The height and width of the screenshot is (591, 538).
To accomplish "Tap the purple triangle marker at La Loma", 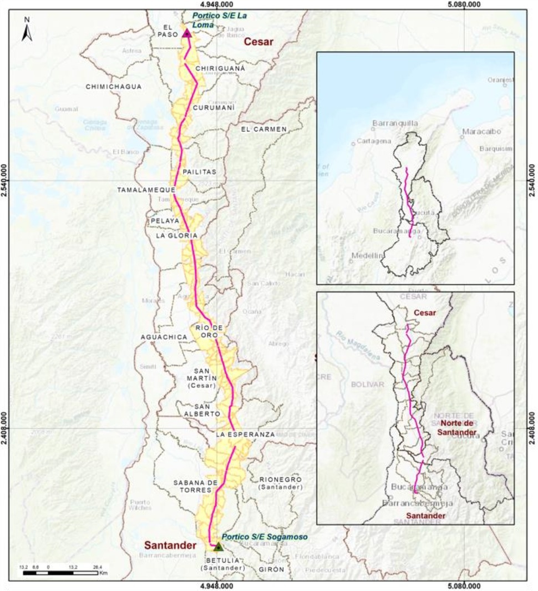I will [x=187, y=34].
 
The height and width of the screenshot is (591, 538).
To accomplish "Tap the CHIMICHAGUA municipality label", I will [x=113, y=87].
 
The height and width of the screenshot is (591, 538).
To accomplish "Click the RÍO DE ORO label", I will [x=209, y=331].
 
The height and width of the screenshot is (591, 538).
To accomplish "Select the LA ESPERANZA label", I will [x=245, y=435].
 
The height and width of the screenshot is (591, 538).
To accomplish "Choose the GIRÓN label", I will [x=271, y=569].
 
